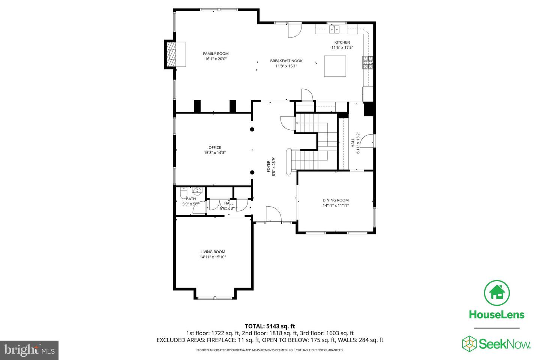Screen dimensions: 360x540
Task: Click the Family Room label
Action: point(216,54)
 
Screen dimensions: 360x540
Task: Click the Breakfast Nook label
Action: point(286,61)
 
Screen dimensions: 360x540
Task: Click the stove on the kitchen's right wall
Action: point(367,63)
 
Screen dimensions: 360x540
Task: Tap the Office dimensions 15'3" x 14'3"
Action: point(215,153)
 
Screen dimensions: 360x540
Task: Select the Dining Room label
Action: point(336,200)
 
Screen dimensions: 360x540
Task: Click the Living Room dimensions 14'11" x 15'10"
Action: point(213,257)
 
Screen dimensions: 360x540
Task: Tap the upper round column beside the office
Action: point(252,130)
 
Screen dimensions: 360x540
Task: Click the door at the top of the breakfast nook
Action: point(294,30)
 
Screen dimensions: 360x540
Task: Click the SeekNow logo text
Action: point(505,344)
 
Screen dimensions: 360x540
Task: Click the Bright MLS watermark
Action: point(29,350)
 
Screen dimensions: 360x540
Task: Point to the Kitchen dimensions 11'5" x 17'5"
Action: point(342,48)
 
